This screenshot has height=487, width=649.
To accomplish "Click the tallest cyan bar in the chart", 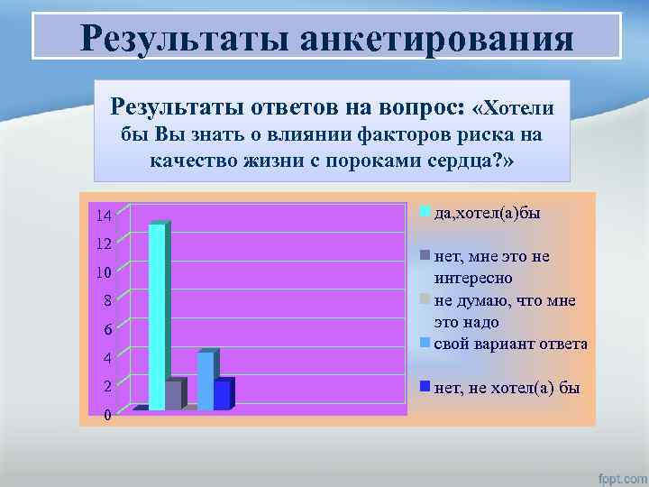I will (158, 316).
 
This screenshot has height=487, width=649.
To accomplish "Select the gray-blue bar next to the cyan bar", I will (175, 394).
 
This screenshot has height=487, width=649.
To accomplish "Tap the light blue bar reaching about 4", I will (206, 381).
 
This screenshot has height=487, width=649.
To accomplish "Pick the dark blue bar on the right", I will (223, 394).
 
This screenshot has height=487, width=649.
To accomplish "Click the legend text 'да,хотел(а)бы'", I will (488, 213).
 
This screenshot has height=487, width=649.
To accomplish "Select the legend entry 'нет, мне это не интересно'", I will (491, 267).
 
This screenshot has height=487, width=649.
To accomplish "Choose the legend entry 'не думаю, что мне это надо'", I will (504, 311).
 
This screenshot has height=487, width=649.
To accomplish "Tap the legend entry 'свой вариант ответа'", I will (510, 344).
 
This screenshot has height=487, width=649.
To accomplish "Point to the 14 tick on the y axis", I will (104, 216).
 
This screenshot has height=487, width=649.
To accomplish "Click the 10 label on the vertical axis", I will (104, 272).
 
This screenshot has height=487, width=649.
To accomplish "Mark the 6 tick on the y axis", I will (106, 329).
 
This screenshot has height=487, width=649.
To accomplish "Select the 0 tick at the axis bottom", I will (107, 415).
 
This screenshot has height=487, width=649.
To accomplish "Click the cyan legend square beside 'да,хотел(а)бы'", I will (427, 211).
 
